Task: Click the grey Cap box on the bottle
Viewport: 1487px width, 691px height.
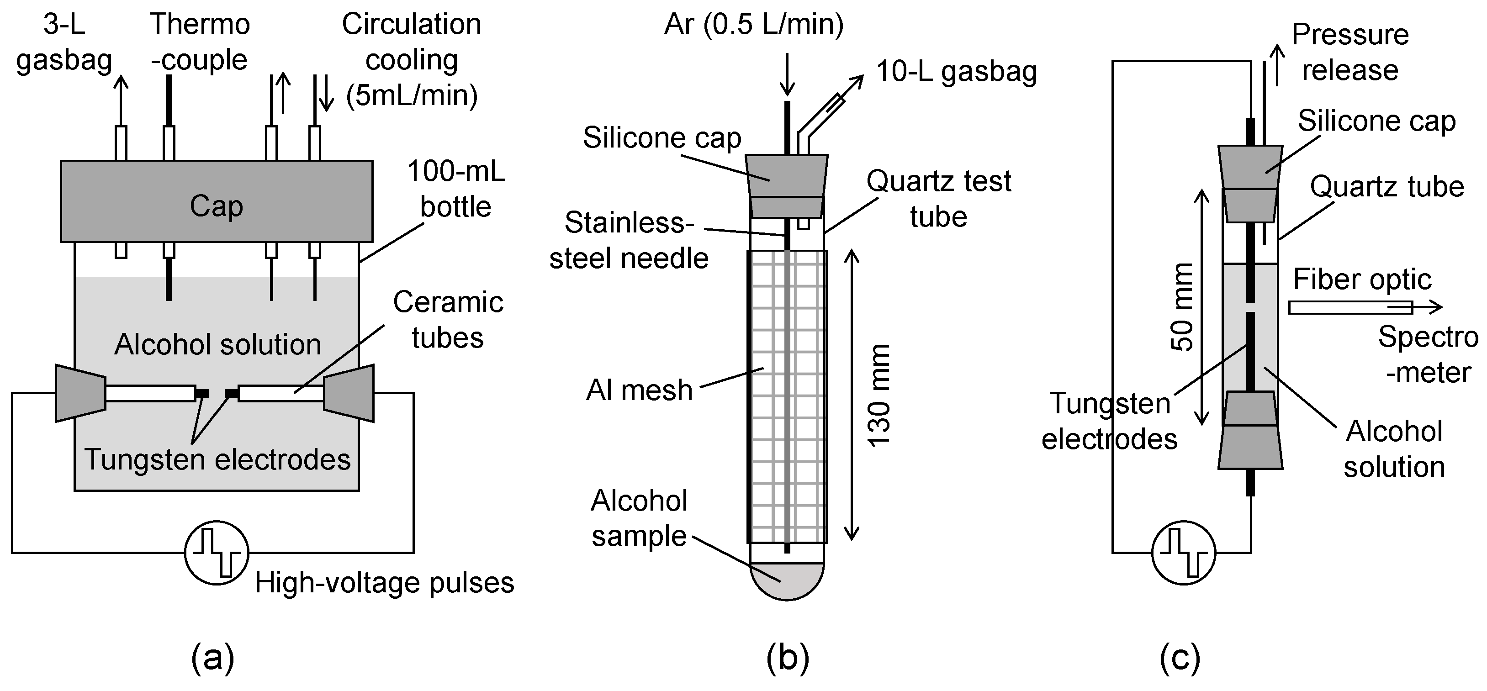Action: (217, 201)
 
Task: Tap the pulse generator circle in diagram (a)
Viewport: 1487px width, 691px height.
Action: (217, 553)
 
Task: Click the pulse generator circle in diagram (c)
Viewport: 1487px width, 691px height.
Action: (1183, 553)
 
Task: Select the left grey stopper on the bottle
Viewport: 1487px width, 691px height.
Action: (80, 393)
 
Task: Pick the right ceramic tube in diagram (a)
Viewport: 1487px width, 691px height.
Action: (281, 394)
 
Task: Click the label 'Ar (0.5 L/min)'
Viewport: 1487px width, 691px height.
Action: (753, 25)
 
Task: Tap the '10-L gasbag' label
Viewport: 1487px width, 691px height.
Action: (957, 72)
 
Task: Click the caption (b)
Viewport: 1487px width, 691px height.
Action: (788, 658)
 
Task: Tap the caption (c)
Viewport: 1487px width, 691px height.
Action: (1180, 658)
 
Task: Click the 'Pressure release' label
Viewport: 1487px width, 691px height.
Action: (1349, 53)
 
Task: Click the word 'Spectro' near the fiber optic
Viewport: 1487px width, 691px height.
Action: (1428, 337)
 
